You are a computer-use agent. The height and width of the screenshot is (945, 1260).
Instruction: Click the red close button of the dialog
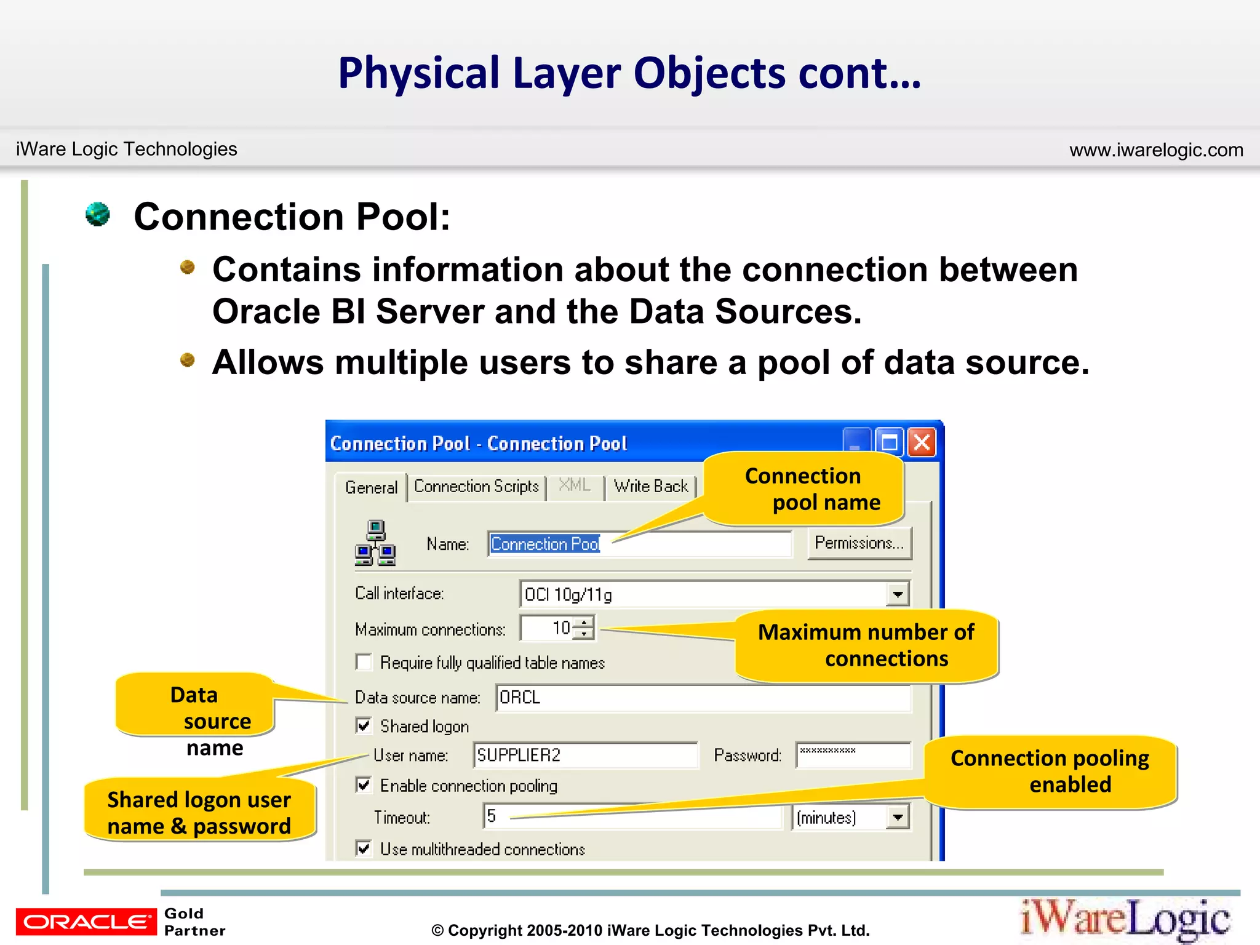pos(922,442)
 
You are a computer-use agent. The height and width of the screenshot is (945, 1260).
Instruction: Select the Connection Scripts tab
pos(476,487)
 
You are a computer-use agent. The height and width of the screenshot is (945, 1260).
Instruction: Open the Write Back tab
pos(651,487)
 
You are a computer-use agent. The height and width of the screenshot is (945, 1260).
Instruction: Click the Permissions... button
pos(859,543)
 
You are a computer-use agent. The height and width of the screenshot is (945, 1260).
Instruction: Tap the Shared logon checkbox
pos(364,726)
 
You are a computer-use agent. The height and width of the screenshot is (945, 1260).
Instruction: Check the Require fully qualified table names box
pos(364,662)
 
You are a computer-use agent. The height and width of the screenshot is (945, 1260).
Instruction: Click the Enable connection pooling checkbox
pos(364,785)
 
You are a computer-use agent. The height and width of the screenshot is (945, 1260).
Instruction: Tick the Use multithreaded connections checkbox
pos(364,848)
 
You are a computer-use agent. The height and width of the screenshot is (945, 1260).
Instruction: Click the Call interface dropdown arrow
pos(898,594)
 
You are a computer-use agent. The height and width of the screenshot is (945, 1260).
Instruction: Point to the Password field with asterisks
pos(852,755)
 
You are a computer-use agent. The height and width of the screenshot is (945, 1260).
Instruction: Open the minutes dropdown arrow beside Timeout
pos(898,818)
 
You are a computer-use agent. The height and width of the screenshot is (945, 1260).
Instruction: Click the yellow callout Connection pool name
pos(803,489)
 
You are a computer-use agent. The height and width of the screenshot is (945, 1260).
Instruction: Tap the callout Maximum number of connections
pos(866,645)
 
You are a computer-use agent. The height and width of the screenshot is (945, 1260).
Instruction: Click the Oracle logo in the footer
pos(86,921)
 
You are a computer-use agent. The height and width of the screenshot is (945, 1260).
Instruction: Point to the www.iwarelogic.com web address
pos(1155,150)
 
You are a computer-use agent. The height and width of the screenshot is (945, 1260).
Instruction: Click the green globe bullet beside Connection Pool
pos(98,215)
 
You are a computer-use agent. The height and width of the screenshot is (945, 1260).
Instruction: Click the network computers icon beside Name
pos(375,543)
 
